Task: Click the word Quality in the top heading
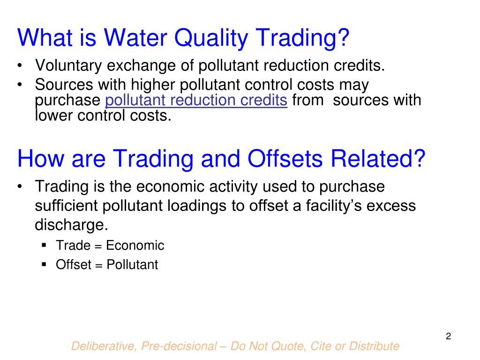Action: [213, 38]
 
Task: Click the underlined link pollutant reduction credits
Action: [197, 100]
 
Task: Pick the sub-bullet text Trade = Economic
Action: [110, 245]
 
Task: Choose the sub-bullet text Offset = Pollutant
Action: [107, 264]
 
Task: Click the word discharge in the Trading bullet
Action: [70, 225]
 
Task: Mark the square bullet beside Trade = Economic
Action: [44, 245]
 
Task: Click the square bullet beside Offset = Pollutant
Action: [44, 264]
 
